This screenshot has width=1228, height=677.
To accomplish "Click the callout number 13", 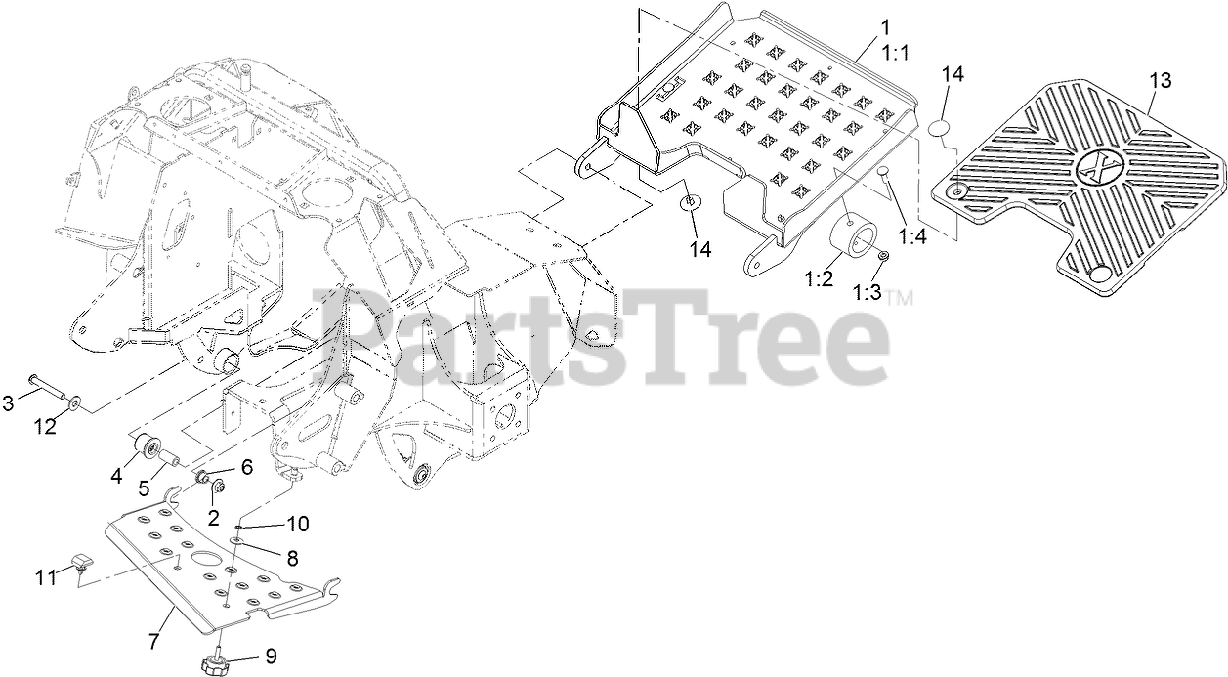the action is coord(1159,80).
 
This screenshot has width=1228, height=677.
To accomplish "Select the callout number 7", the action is coord(153,641).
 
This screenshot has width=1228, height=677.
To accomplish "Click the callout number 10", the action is coord(297,524).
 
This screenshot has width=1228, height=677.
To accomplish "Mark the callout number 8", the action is coord(291,556).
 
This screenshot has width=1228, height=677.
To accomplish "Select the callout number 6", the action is coord(245,467).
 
